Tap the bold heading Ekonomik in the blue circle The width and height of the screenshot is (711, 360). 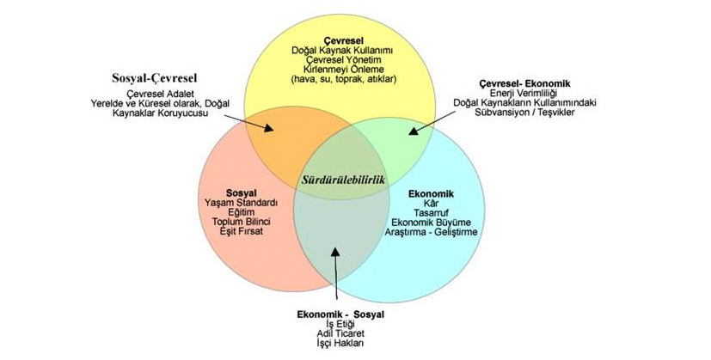tap(431, 192)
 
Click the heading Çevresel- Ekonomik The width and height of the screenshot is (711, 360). tap(524, 82)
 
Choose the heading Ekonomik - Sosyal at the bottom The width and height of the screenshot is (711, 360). tap(340, 314)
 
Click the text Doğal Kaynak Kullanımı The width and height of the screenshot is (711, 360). tap(344, 52)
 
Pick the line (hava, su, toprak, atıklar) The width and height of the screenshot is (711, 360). tap(344, 80)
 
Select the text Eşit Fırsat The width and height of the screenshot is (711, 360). tap(242, 232)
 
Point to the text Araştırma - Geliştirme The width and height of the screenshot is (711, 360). tap(432, 232)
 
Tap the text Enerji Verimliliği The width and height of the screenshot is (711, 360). tap(524, 93)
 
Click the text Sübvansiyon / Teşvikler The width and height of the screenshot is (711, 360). tap(524, 112)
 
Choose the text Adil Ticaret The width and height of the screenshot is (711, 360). tap(340, 334)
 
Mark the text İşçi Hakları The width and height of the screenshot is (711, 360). tap(340, 344)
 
